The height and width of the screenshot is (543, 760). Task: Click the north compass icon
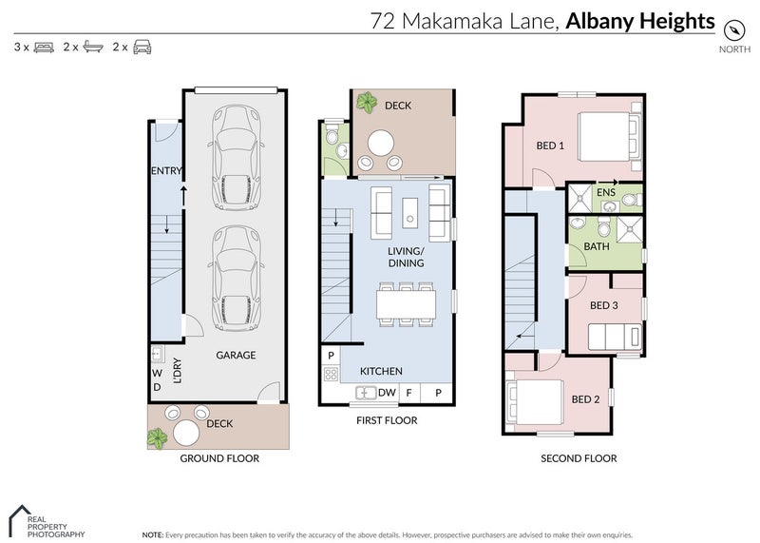click(733, 28)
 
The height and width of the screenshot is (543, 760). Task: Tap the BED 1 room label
click(550, 145)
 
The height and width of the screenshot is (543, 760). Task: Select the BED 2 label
click(583, 399)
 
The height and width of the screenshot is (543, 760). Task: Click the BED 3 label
click(604, 305)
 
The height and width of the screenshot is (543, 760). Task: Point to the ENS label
click(605, 193)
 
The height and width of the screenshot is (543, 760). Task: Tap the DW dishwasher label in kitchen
click(387, 392)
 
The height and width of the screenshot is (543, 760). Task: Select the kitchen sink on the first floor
click(366, 392)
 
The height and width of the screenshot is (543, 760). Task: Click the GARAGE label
click(235, 355)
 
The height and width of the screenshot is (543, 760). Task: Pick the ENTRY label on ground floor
click(166, 171)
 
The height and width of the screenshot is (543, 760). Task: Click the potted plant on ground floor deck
click(158, 437)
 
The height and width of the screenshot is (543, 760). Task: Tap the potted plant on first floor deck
click(366, 103)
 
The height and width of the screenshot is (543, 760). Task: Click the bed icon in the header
click(44, 47)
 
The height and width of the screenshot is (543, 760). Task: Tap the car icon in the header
click(142, 47)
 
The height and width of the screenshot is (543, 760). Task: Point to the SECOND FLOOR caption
click(579, 458)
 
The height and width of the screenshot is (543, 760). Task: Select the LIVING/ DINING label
click(405, 257)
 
